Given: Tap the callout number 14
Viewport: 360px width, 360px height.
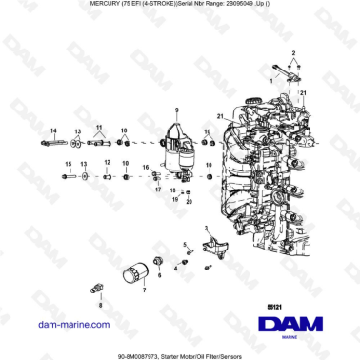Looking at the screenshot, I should pyautogui.click(x=53, y=130).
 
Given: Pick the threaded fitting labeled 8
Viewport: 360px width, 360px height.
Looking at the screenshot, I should pyautogui.click(x=97, y=286).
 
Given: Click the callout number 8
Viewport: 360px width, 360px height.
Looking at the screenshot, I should pyautogui.click(x=100, y=306).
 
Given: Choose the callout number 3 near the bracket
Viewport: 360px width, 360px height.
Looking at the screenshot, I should pyautogui.click(x=206, y=229).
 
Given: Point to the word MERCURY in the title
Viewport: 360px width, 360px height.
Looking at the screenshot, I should pyautogui.click(x=84, y=6).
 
